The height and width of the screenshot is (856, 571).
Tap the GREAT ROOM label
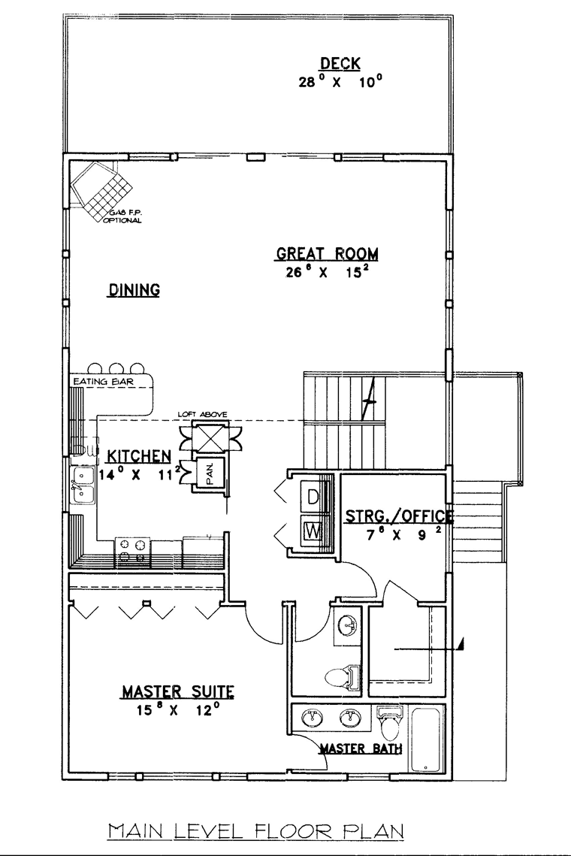[x=327, y=254]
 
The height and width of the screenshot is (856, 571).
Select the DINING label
[x=134, y=289]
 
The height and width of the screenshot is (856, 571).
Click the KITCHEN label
[x=139, y=456]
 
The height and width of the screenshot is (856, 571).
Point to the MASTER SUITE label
[x=178, y=692]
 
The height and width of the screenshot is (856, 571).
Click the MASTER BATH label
[x=361, y=749]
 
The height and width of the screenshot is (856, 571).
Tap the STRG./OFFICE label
[x=399, y=516]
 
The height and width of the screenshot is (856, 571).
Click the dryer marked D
[x=313, y=496]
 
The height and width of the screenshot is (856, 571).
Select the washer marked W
[x=313, y=530]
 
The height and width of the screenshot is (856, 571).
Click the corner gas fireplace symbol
[x=102, y=189]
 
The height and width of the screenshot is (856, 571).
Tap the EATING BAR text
[x=104, y=382]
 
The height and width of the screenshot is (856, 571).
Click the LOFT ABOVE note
[x=203, y=414]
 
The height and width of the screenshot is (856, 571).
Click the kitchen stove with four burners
[x=133, y=549]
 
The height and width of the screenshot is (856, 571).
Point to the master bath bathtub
[x=426, y=740]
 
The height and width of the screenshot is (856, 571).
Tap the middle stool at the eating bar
[x=116, y=368]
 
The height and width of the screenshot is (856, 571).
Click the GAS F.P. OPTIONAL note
[x=123, y=216]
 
